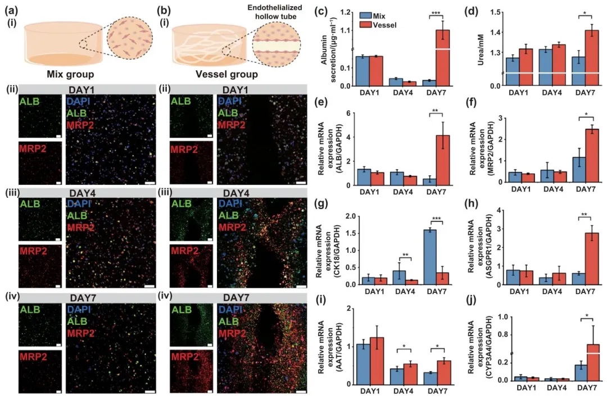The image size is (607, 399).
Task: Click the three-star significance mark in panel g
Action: [437, 218]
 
